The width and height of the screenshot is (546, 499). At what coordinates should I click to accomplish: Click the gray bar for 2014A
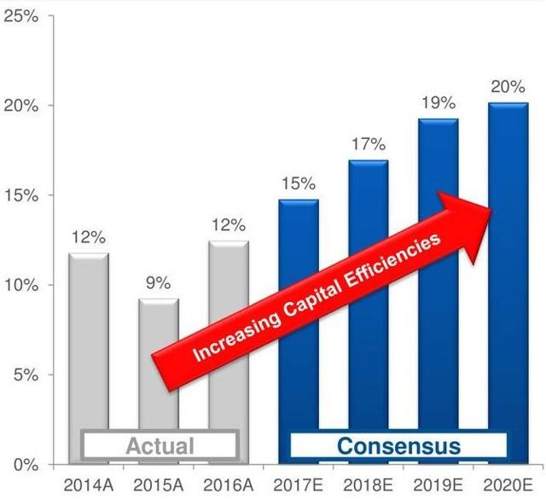pyautogui.click(x=89, y=341)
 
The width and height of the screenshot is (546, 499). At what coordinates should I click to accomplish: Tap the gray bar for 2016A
pyautogui.click(x=228, y=333)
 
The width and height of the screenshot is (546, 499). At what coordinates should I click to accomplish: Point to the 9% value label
pyautogui.click(x=158, y=282)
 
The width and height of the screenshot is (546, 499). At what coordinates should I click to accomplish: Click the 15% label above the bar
pyautogui.click(x=298, y=183)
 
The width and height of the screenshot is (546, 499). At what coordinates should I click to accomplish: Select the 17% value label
pyautogui.click(x=368, y=143)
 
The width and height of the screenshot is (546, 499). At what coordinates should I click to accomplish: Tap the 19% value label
pyautogui.click(x=438, y=103)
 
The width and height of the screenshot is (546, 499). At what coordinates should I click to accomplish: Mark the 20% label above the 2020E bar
pyautogui.click(x=508, y=86)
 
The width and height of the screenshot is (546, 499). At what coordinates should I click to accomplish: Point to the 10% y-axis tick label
pyautogui.click(x=22, y=285)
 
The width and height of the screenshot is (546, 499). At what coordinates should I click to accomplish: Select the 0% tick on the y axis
pyautogui.click(x=26, y=465)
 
